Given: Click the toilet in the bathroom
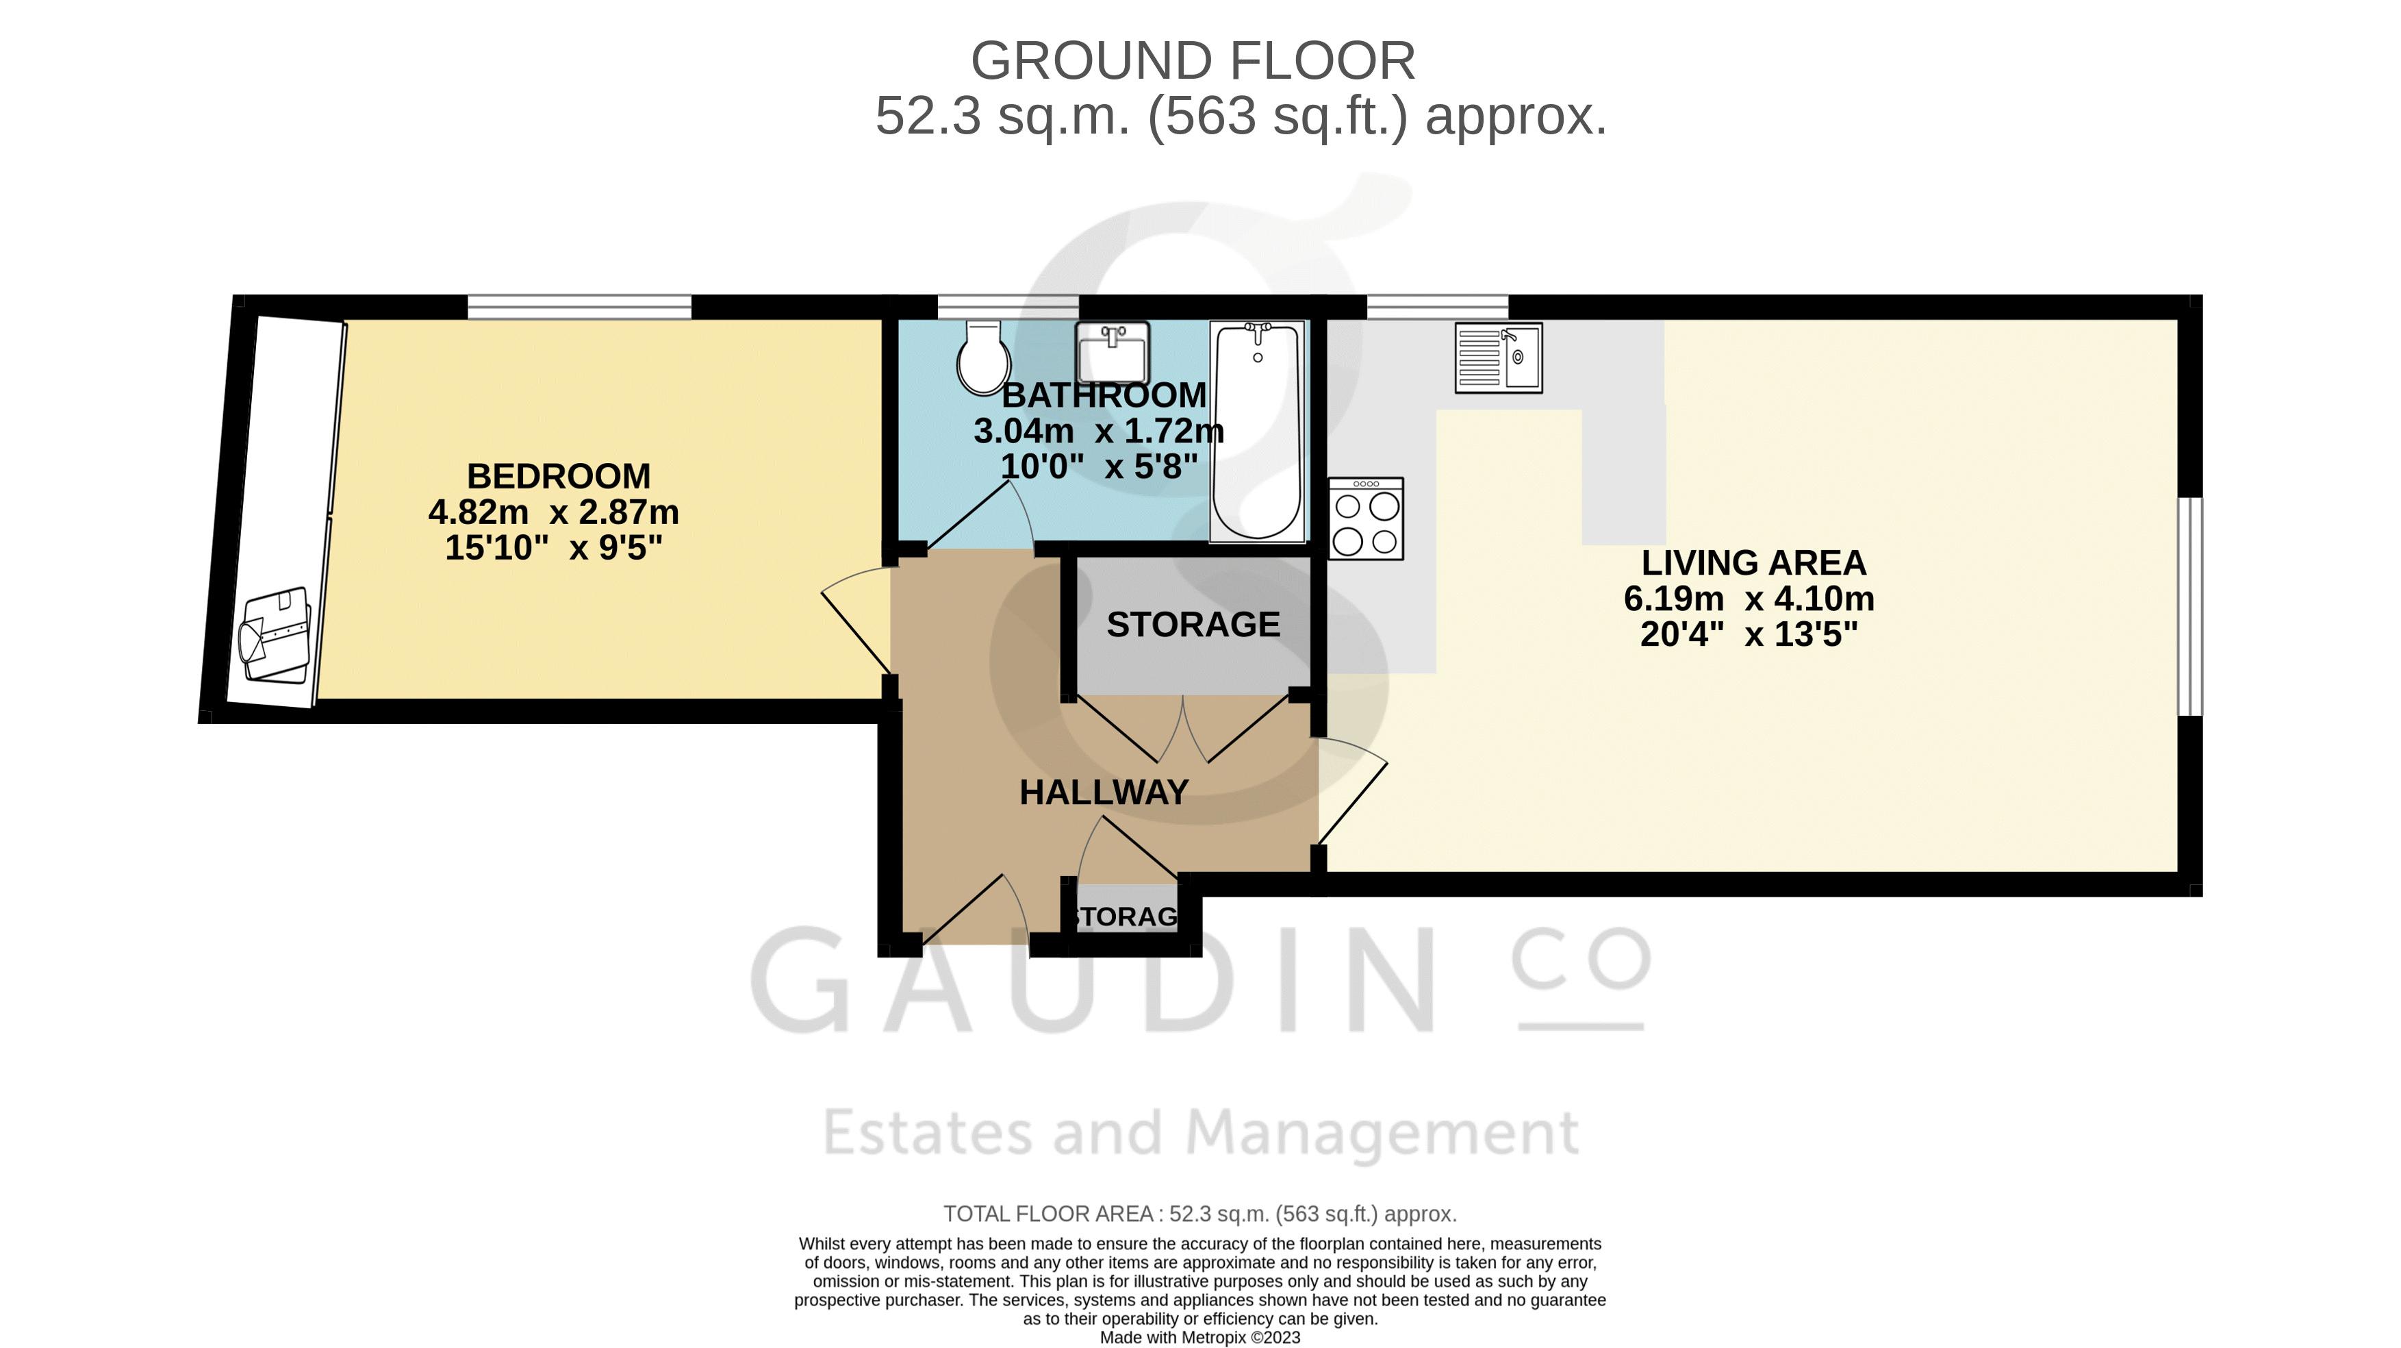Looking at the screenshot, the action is (x=983, y=358).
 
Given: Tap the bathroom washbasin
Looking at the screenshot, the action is (x=1112, y=352).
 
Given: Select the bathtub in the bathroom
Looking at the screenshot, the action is (x=1258, y=432).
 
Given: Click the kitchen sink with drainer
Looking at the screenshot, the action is (x=1499, y=357).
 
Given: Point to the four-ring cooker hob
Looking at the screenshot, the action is (x=1365, y=519).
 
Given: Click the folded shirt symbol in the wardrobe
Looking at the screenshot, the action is (x=275, y=636).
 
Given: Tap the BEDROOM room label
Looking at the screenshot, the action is (x=558, y=476).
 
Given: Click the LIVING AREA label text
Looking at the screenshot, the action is (x=1753, y=563).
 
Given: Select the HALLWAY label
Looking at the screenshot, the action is (x=1104, y=792).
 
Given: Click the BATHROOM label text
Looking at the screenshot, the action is (x=1104, y=395).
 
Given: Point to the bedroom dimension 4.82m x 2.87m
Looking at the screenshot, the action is (x=554, y=512).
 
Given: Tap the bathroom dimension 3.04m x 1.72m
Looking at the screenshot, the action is (x=1099, y=431).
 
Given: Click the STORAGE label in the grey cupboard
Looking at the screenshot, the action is (x=1193, y=625).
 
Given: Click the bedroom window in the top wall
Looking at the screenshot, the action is (x=580, y=307).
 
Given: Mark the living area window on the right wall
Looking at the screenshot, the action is (x=2190, y=606).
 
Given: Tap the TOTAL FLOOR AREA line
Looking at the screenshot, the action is (x=1199, y=1214).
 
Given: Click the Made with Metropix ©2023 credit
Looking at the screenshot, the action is (x=1199, y=1338).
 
